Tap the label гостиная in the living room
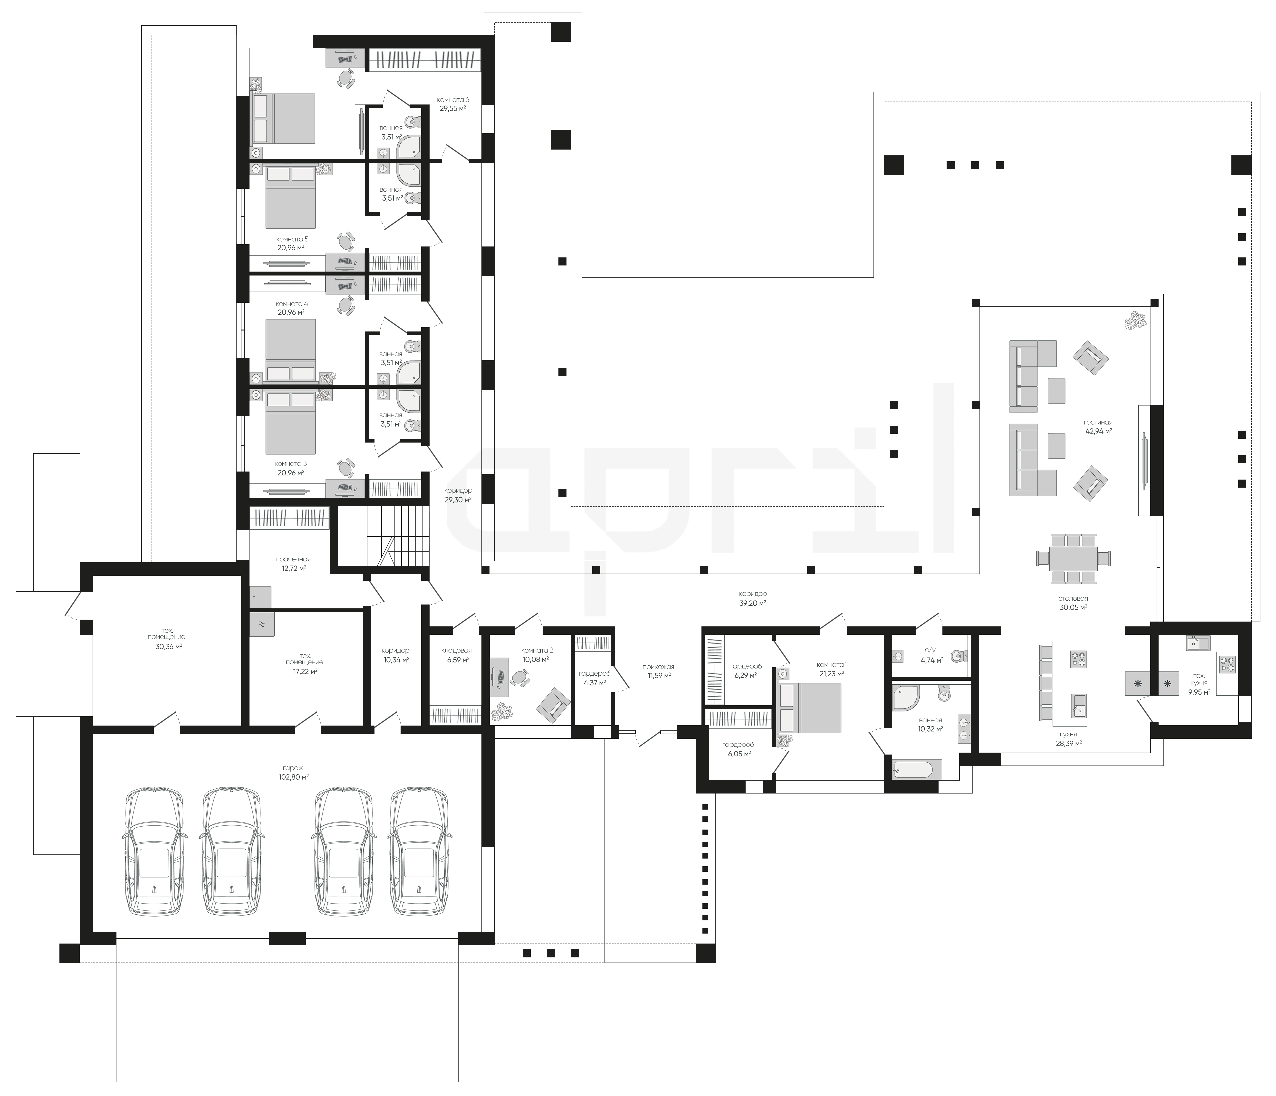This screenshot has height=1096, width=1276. point(1098,422)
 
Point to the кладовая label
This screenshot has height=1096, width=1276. point(456,650)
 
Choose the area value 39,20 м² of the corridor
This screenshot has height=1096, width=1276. point(753,604)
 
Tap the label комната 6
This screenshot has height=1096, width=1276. point(453,99)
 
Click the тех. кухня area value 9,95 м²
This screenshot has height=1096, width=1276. point(1199,691)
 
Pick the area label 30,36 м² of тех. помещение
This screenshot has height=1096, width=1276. point(168,646)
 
